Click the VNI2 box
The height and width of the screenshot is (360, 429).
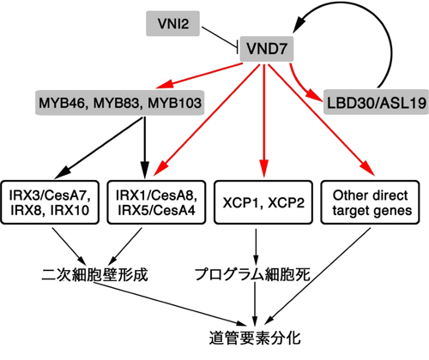[x=172, y=23]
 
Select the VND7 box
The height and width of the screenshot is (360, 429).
[x=267, y=49]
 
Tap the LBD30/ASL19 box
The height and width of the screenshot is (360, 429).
[x=376, y=102]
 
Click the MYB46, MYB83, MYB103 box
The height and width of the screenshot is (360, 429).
[x=120, y=103]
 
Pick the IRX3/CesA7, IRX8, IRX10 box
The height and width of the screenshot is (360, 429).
[x=50, y=202]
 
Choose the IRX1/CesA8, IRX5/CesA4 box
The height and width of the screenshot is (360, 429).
[x=156, y=202]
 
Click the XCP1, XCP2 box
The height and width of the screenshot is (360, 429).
[x=263, y=202]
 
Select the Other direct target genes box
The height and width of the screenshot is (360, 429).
[x=371, y=202]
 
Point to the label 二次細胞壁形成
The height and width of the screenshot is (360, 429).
[x=95, y=274]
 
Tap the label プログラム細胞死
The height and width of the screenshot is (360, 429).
[x=253, y=274]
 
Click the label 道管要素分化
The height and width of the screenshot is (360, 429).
[x=255, y=338]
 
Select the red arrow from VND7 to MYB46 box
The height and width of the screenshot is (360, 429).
[x=199, y=75]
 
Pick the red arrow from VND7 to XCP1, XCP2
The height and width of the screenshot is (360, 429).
[x=264, y=121]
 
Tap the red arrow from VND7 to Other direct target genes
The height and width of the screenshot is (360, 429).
[x=321, y=119]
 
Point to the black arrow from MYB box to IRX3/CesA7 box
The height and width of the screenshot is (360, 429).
[x=98, y=148]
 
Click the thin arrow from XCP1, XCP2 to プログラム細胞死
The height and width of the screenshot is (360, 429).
[x=256, y=247]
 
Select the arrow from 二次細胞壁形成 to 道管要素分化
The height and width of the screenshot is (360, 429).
[x=171, y=304]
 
